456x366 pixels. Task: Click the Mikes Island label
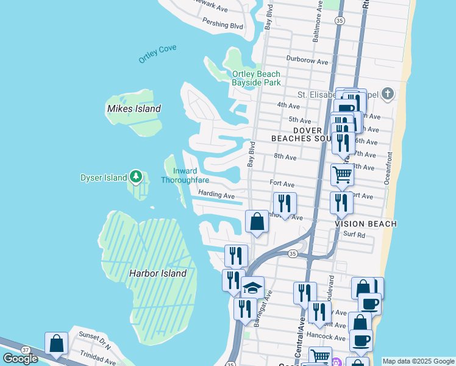coord(134,109)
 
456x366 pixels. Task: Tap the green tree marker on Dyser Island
coord(137,178)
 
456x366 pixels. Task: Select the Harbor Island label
coord(157,273)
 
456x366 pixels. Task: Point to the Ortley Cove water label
coord(157,54)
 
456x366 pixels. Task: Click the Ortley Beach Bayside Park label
coord(256,78)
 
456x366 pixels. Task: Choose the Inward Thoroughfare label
coord(184,176)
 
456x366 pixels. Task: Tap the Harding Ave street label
coord(216,196)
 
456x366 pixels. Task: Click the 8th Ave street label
coord(285,157)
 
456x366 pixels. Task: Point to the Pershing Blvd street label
coord(223,26)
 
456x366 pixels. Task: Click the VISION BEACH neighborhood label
coord(366,224)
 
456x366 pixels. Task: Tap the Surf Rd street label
coord(354,234)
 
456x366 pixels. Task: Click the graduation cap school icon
coord(252,287)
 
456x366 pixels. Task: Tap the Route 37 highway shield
coord(25,350)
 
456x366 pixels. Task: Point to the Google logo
coord(20,359)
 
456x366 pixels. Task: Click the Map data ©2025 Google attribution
coord(418,361)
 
